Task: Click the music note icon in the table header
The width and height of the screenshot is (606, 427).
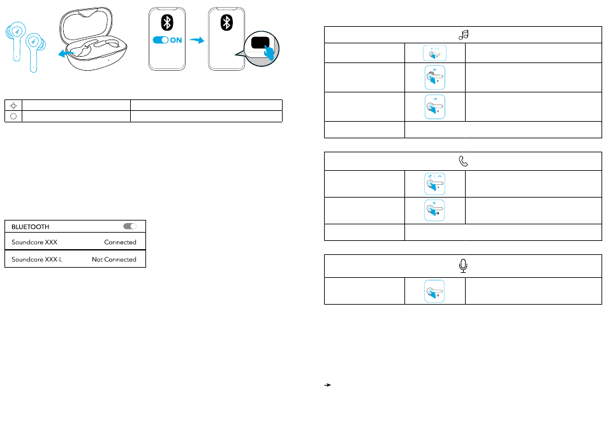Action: [464, 35]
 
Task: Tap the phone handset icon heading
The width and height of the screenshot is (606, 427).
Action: [464, 161]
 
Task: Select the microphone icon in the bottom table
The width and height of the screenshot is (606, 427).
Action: [464, 266]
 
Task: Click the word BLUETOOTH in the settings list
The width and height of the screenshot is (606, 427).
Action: [30, 227]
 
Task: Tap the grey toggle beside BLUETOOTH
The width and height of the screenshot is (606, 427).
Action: [130, 226]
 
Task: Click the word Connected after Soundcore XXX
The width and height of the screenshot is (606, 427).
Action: [120, 242]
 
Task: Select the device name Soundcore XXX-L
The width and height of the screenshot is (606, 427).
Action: [37, 259]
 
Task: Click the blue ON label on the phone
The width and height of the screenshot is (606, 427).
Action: [175, 40]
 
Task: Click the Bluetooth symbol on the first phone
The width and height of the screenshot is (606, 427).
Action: [167, 23]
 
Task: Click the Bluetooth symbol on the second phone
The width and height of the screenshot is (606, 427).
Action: [226, 23]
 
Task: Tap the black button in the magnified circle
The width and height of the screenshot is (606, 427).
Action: [260, 44]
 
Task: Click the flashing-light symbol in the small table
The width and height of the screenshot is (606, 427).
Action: [13, 105]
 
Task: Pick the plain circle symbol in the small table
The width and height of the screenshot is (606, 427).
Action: [13, 116]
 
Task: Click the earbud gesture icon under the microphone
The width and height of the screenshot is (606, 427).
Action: [435, 291]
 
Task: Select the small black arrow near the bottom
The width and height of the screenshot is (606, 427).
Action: [328, 386]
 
